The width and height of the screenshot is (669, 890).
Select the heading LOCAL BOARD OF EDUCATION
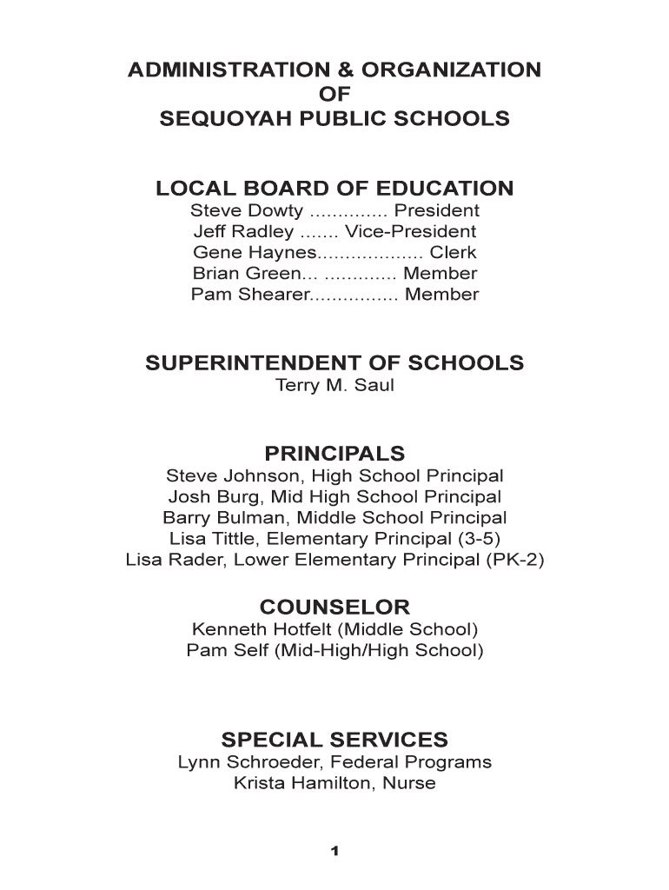point(334,189)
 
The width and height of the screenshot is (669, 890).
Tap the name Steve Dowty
point(247,211)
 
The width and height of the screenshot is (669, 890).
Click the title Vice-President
point(410,232)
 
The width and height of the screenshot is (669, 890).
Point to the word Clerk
point(454,253)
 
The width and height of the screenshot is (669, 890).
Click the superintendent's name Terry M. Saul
point(334,385)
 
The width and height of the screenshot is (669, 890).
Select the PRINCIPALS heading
point(334,454)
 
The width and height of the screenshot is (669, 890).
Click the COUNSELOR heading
point(334,607)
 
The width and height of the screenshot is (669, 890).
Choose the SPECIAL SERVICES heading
point(334,741)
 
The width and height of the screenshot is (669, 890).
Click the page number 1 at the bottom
point(334,851)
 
